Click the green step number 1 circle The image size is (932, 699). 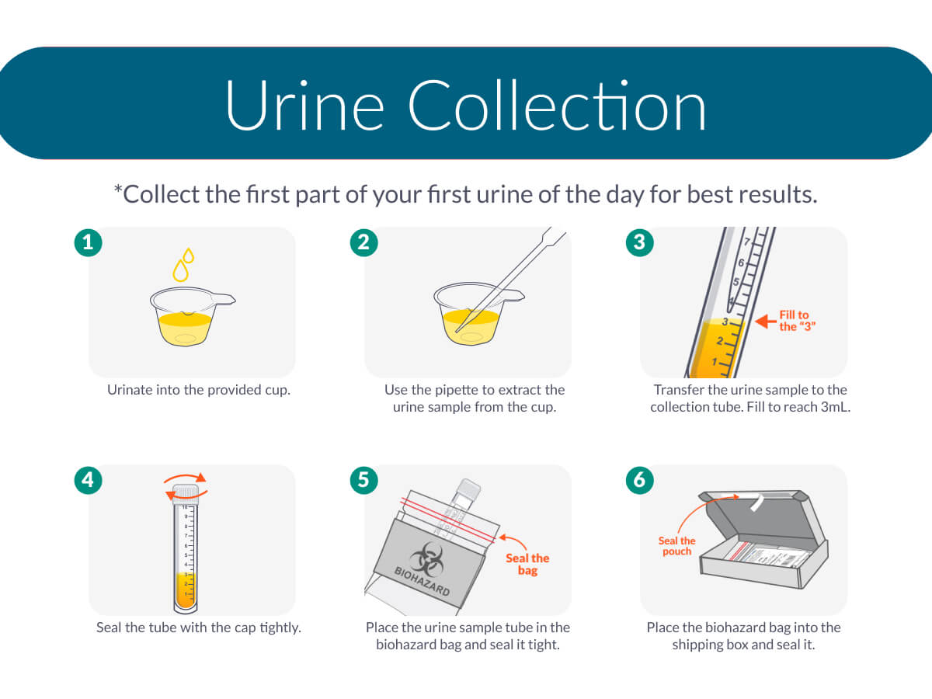[x=89, y=243]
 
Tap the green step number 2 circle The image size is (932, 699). [x=364, y=243]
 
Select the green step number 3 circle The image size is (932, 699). [x=640, y=243]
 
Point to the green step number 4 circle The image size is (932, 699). [x=89, y=481]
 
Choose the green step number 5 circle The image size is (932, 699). [x=364, y=481]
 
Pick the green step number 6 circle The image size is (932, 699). [x=640, y=481]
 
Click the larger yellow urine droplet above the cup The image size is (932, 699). [x=180, y=271]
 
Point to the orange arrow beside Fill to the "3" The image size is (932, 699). [x=766, y=322]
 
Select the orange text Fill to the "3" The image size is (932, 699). [x=797, y=321]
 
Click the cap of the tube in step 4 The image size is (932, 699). [x=186, y=494]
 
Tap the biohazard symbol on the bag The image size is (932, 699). [x=426, y=560]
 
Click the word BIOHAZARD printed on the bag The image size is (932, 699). [x=422, y=582]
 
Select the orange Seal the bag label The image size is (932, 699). [x=527, y=564]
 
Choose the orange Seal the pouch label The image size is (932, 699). [x=676, y=546]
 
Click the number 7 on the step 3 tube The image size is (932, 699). [x=747, y=242]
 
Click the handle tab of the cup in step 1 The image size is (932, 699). [x=224, y=299]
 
